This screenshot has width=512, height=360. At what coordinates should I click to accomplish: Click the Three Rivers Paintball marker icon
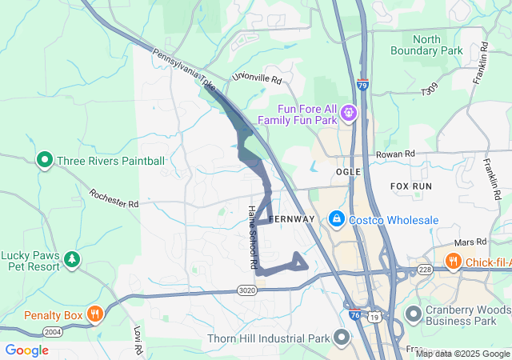(45, 161)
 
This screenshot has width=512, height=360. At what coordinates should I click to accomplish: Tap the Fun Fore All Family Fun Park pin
(349, 114)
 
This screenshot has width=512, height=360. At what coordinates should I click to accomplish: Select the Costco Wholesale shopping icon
(337, 219)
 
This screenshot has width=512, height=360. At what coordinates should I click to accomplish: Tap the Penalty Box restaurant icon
(95, 314)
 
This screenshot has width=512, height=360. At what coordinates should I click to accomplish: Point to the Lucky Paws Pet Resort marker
(73, 258)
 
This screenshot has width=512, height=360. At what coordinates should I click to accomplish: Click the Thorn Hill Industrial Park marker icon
(342, 338)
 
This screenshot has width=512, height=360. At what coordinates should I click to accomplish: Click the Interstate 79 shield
(362, 84)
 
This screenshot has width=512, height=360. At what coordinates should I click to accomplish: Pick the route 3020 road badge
(247, 291)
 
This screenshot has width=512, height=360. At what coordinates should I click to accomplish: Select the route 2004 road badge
(52, 331)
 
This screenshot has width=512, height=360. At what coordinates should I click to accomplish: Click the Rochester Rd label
(114, 198)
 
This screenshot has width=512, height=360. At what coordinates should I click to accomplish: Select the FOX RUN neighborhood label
(411, 186)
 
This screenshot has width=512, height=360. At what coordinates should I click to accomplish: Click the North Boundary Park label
(426, 45)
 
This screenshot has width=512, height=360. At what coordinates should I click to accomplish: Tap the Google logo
(26, 350)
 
